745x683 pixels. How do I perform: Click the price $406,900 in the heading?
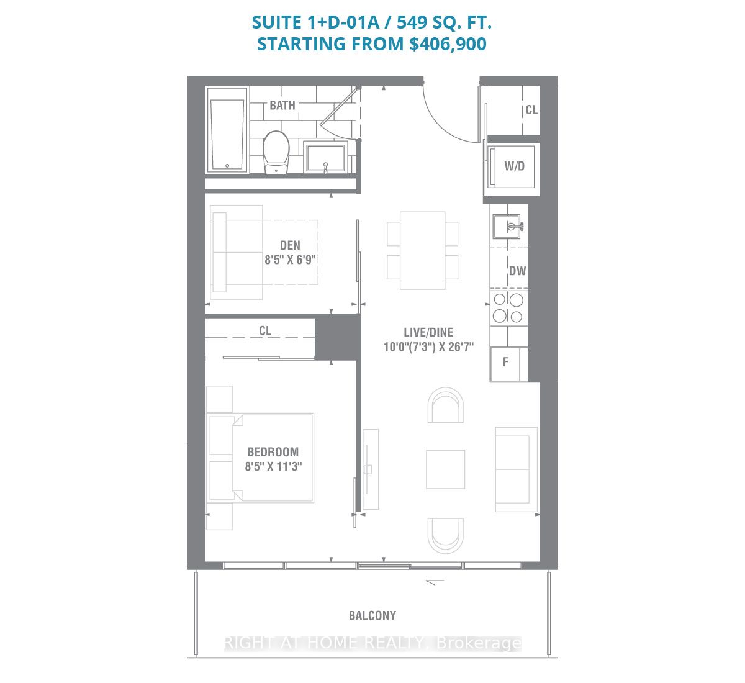pyautogui.click(x=448, y=44)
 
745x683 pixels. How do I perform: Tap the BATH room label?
pyautogui.click(x=282, y=105)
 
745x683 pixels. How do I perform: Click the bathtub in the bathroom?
pyautogui.click(x=228, y=129)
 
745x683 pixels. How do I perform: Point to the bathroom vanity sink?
pyautogui.click(x=325, y=158)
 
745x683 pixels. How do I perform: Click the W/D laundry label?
pyautogui.click(x=514, y=166)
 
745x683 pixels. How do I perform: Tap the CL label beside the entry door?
pyautogui.click(x=531, y=110)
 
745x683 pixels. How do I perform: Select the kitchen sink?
pyautogui.click(x=507, y=226)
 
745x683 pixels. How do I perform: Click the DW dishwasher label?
pyautogui.click(x=517, y=271)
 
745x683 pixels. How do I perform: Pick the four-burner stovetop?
pyautogui.click(x=508, y=308)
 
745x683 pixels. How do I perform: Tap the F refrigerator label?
pyautogui.click(x=505, y=361)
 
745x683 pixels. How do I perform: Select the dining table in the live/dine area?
pyautogui.click(x=422, y=250)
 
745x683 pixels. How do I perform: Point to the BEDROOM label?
pyautogui.click(x=273, y=452)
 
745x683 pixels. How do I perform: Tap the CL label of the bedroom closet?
pyautogui.click(x=265, y=331)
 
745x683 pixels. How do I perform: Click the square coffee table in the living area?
pyautogui.click(x=445, y=469)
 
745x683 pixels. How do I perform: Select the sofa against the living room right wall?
pyautogui.click(x=515, y=469)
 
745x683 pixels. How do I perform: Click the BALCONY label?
pyautogui.click(x=372, y=615)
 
